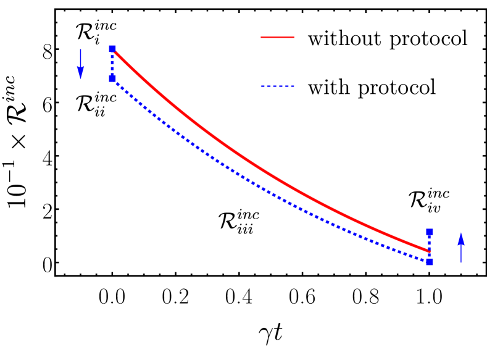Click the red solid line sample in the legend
tap(277, 37)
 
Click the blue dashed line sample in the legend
tap(277, 86)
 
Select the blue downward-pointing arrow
tap(80, 64)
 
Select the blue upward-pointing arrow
tap(460, 247)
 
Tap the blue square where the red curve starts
tap(112, 49)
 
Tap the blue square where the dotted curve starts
tap(112, 78)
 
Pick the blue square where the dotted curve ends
tap(429, 261)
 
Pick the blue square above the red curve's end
tap(429, 232)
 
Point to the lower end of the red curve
tap(428, 251)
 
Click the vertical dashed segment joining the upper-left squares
tap(112, 64)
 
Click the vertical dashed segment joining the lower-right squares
tap(429, 246)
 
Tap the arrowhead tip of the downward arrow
tap(80, 80)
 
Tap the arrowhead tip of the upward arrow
tap(460, 232)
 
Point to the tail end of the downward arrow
tap(80, 49)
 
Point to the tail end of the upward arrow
tap(460, 262)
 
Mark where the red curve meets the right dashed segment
tap(429, 251)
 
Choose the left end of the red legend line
tap(262, 37)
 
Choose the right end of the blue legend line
tap(294, 86)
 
